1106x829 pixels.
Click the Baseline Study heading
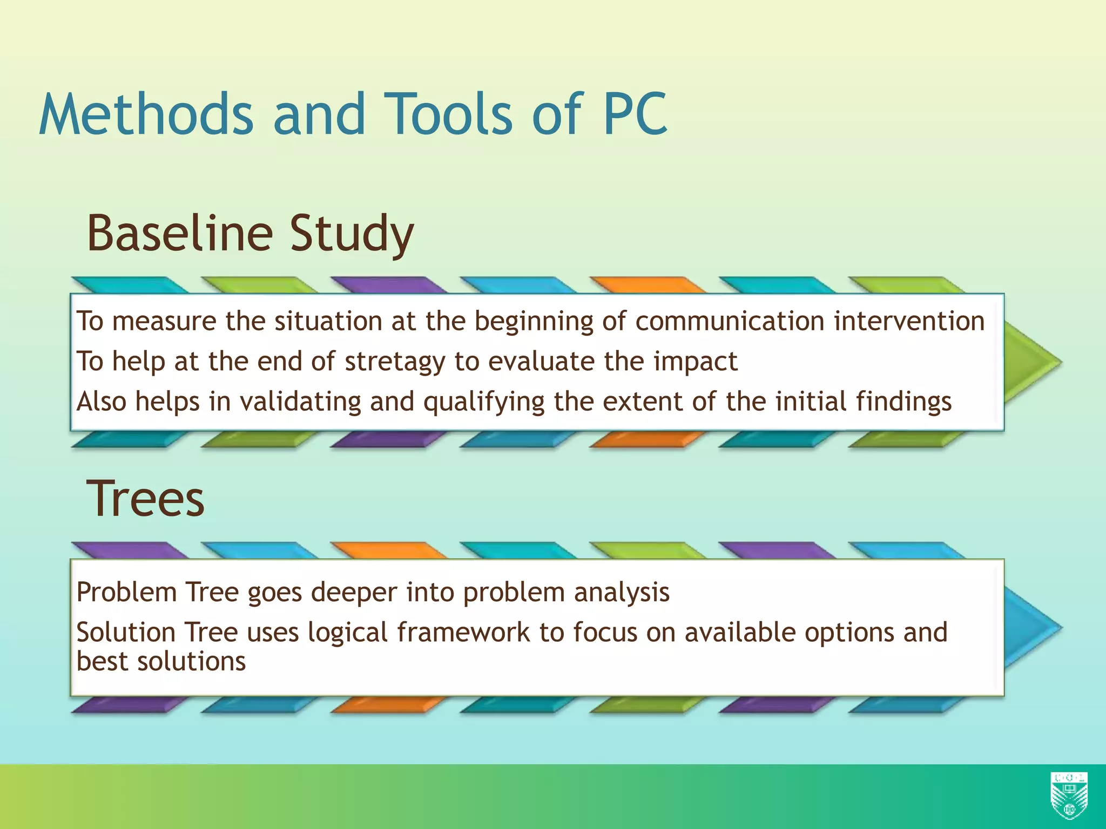click(x=250, y=233)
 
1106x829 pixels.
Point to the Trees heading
click(x=145, y=499)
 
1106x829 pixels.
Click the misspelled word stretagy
click(x=395, y=362)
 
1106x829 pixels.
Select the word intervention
click(x=909, y=321)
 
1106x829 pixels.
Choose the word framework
click(x=463, y=633)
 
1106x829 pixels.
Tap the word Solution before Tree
click(x=126, y=633)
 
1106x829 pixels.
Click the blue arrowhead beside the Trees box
click(x=1031, y=627)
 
